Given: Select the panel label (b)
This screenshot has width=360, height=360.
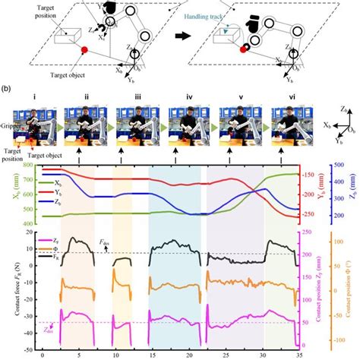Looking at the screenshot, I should (x=5, y=89).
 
